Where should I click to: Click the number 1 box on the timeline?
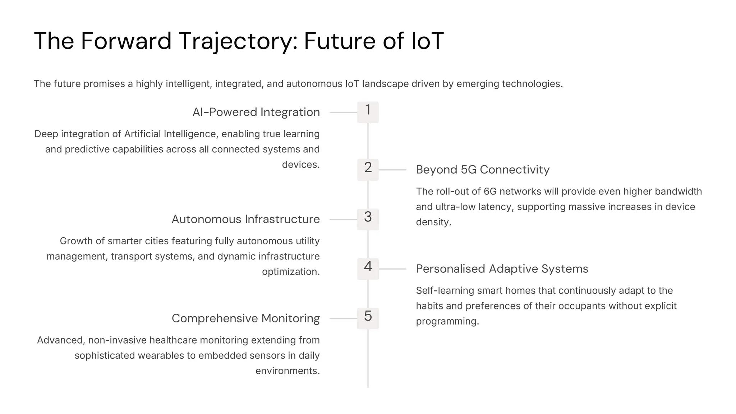(368, 112)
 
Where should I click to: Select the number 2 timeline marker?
(368, 169)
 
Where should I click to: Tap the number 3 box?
(368, 219)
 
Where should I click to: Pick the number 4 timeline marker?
(368, 268)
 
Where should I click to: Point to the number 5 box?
(368, 318)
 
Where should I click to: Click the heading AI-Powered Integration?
(256, 112)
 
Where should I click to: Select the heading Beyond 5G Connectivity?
(483, 170)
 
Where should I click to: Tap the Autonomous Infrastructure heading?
(245, 219)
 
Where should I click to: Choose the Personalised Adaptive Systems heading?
(502, 269)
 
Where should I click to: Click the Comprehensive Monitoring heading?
(245, 318)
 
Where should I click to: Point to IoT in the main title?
(427, 41)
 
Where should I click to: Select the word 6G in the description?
(490, 192)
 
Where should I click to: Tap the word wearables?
(166, 355)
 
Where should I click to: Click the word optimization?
(290, 272)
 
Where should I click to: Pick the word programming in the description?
(447, 321)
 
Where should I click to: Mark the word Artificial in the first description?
(143, 134)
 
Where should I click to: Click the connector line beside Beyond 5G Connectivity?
(392, 170)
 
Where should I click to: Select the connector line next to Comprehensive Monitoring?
(343, 318)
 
